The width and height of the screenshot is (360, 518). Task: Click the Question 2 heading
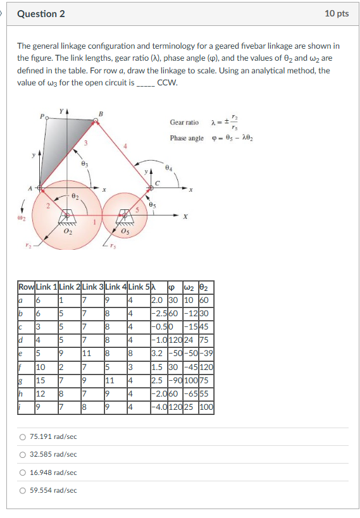click(41, 14)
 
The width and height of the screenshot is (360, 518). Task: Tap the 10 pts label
click(336, 14)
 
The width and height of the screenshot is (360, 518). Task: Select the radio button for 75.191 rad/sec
click(23, 436)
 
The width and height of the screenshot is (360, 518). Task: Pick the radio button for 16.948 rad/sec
click(23, 472)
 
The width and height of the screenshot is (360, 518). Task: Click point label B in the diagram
click(100, 114)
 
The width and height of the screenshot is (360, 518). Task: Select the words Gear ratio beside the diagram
click(184, 122)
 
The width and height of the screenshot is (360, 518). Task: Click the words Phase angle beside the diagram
click(187, 138)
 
